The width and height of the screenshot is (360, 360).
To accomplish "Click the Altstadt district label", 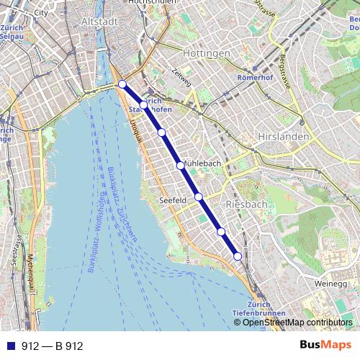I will point(99,22).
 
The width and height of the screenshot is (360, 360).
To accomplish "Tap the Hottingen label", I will point(206,53).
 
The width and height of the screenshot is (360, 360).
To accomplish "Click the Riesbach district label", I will point(246,204).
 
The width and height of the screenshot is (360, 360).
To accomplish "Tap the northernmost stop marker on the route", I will point(122,84).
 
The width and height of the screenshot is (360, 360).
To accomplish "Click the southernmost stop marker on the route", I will point(238,256).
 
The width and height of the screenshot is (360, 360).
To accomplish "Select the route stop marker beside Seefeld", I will point(198,197).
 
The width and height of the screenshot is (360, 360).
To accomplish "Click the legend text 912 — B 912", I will point(52,346).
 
